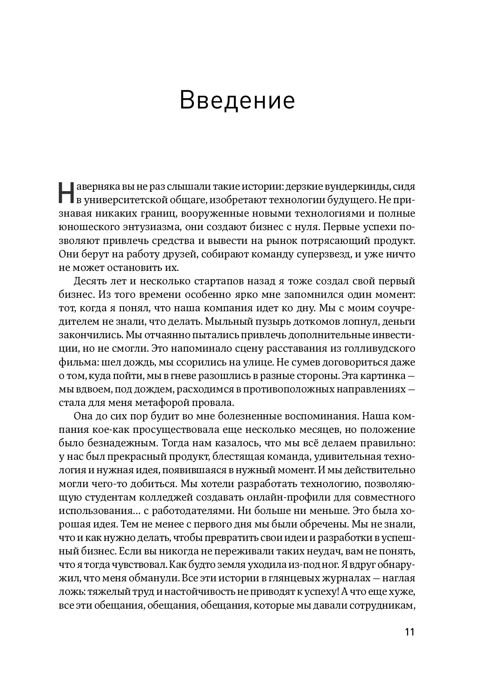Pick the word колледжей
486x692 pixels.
[169, 498]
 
